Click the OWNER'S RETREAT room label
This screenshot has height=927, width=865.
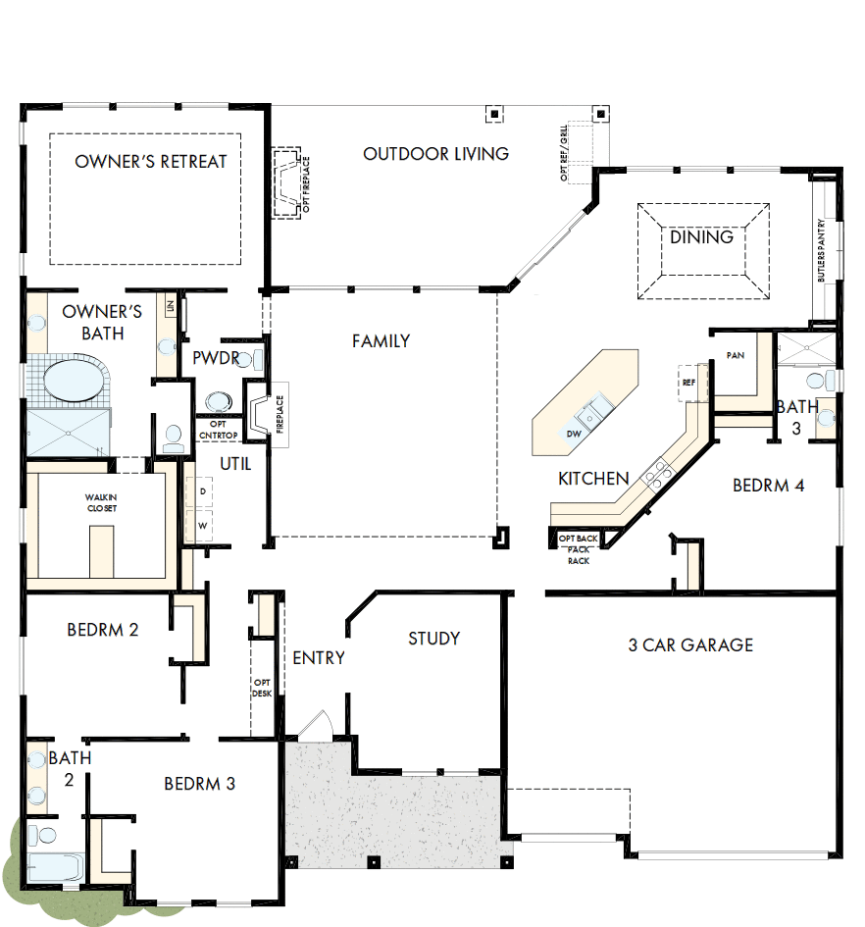pyautogui.click(x=150, y=162)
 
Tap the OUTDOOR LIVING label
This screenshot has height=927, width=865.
pyautogui.click(x=435, y=154)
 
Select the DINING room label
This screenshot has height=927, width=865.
pyautogui.click(x=701, y=237)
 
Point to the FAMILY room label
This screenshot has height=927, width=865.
pyautogui.click(x=381, y=341)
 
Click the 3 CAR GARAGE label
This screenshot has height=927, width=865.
pyautogui.click(x=690, y=645)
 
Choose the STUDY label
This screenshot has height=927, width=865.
pyautogui.click(x=433, y=639)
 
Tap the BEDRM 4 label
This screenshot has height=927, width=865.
pyautogui.click(x=768, y=485)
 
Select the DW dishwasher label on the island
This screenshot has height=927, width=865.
pyautogui.click(x=574, y=433)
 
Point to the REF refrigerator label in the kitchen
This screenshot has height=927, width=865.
pyautogui.click(x=688, y=383)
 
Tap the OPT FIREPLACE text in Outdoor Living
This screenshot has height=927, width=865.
pyautogui.click(x=306, y=183)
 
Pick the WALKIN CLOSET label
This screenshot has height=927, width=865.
pyautogui.click(x=100, y=503)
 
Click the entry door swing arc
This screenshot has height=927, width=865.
pyautogui.click(x=316, y=723)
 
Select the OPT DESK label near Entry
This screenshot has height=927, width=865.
pyautogui.click(x=261, y=688)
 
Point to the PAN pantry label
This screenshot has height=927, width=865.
pyautogui.click(x=735, y=355)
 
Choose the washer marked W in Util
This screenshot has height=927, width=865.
pyautogui.click(x=205, y=525)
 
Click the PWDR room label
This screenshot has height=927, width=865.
pyautogui.click(x=216, y=358)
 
